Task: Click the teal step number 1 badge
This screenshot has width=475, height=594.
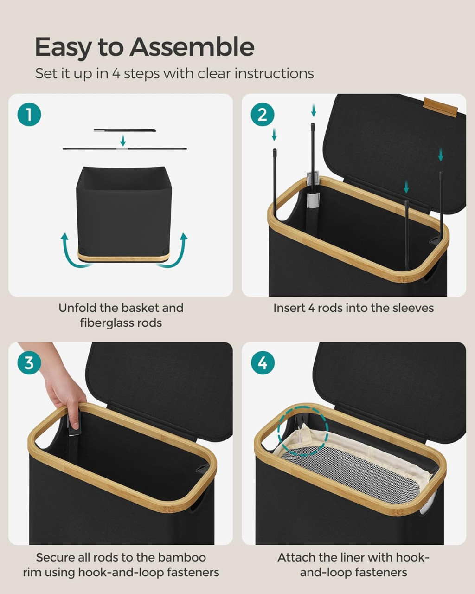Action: [x=29, y=115]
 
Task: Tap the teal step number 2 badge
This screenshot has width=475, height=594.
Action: [x=263, y=115]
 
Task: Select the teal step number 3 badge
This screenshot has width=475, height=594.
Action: [x=29, y=363]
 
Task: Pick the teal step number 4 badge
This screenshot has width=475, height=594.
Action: [x=263, y=363]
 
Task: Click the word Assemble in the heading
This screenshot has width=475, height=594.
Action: [x=192, y=47]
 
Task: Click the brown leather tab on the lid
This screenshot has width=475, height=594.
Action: [x=441, y=107]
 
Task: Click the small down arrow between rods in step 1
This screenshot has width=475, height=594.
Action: [x=123, y=141]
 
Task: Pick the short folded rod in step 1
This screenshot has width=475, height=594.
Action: [x=125, y=130]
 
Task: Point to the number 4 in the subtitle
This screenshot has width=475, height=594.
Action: [x=116, y=74]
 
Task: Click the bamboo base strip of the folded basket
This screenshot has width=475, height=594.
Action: [x=123, y=258]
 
